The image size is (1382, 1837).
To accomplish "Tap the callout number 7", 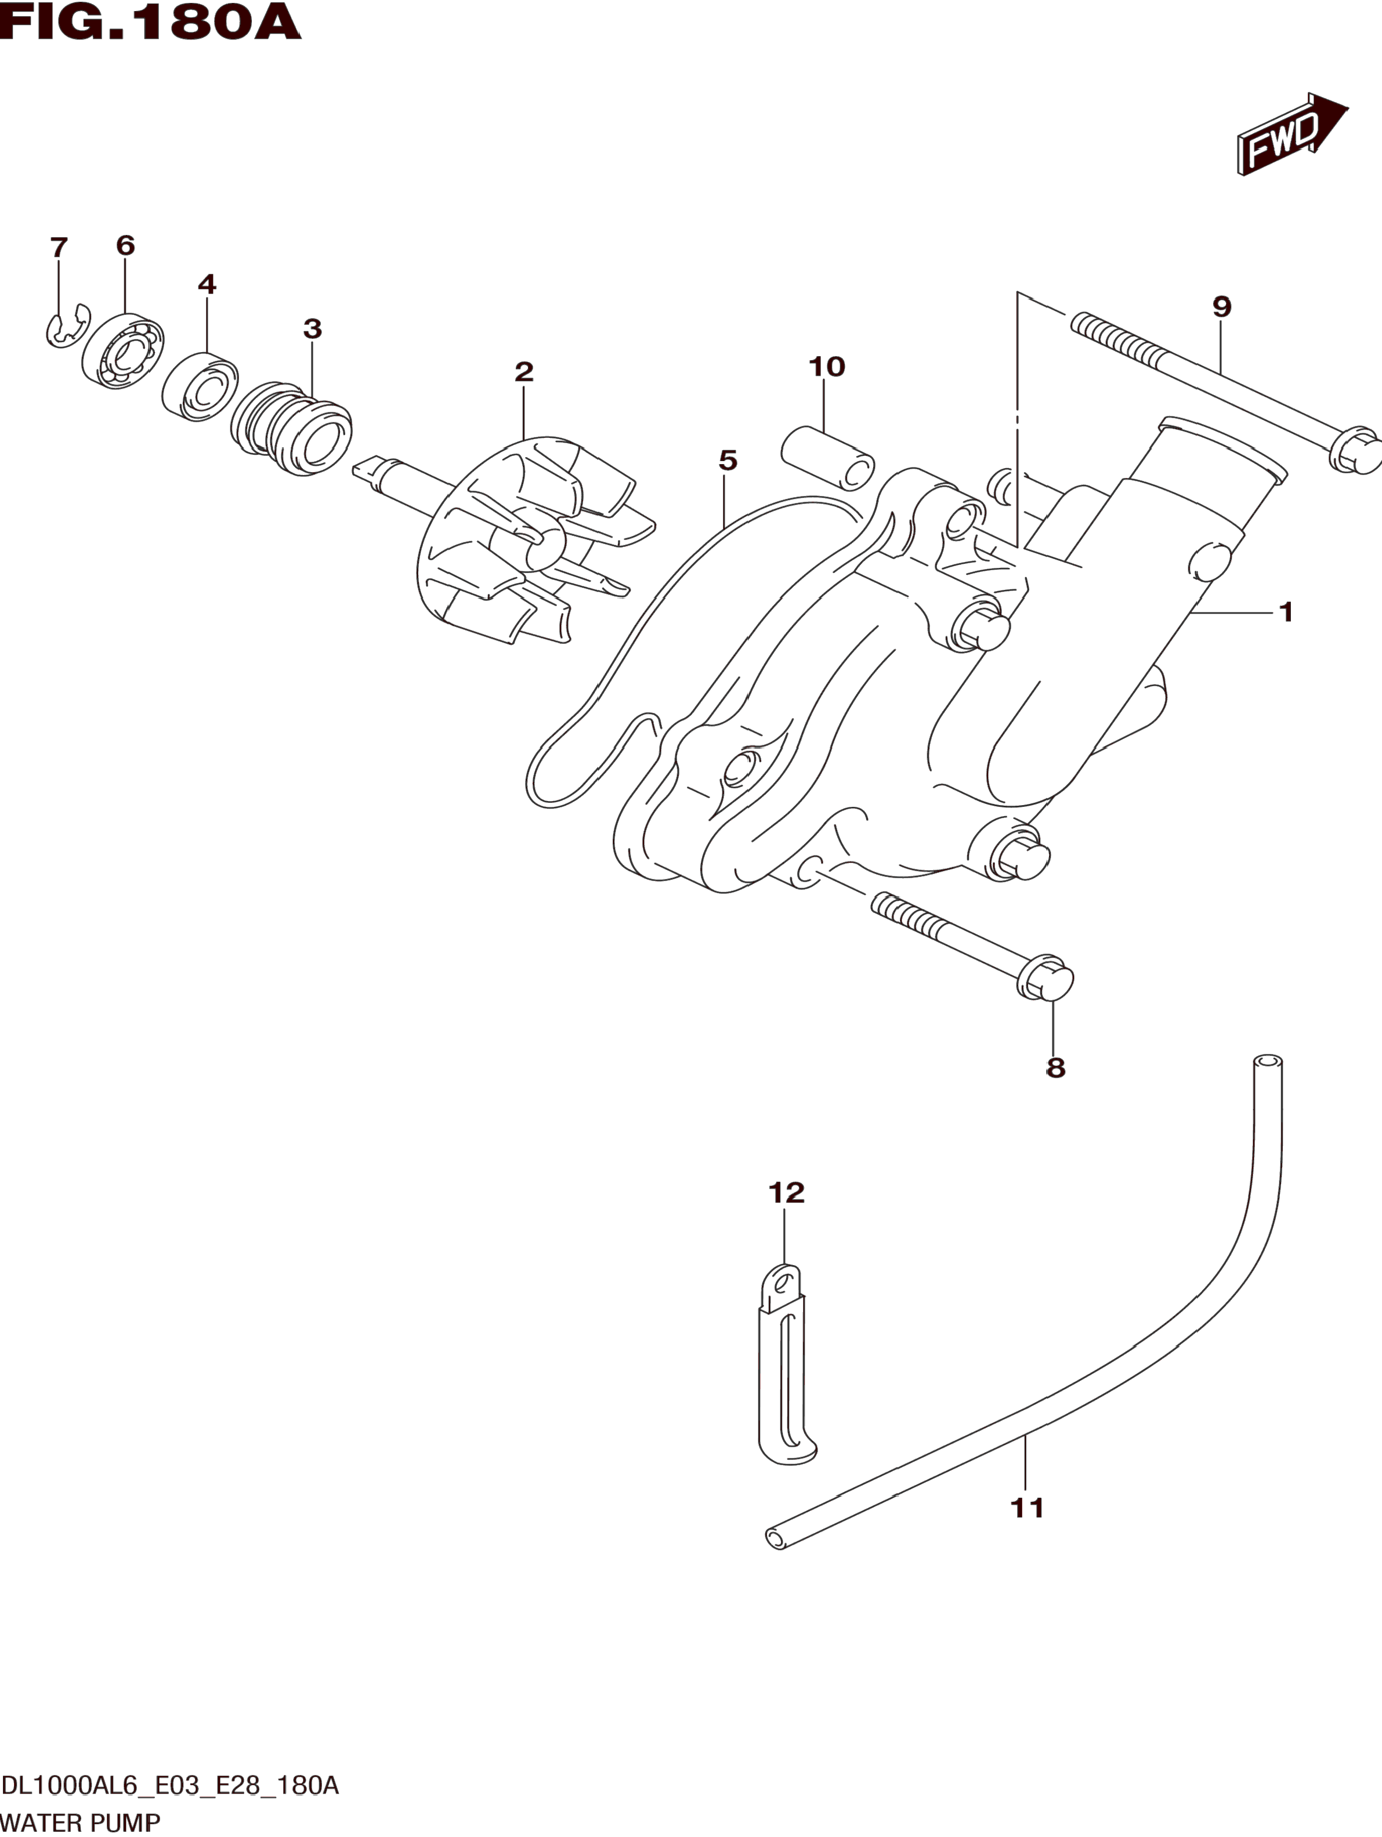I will [58, 248].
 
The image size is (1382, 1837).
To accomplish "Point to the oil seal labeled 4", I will [200, 386].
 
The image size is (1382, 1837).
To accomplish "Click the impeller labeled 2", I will [531, 540].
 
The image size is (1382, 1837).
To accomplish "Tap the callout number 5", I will [728, 460].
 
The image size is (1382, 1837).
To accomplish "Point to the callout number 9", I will [1221, 307].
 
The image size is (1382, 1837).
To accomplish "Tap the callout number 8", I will [1055, 1068].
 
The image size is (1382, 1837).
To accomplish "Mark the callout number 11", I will [1026, 1508].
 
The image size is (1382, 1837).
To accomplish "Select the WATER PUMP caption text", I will [81, 1823].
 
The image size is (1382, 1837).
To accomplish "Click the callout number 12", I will [786, 1193].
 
